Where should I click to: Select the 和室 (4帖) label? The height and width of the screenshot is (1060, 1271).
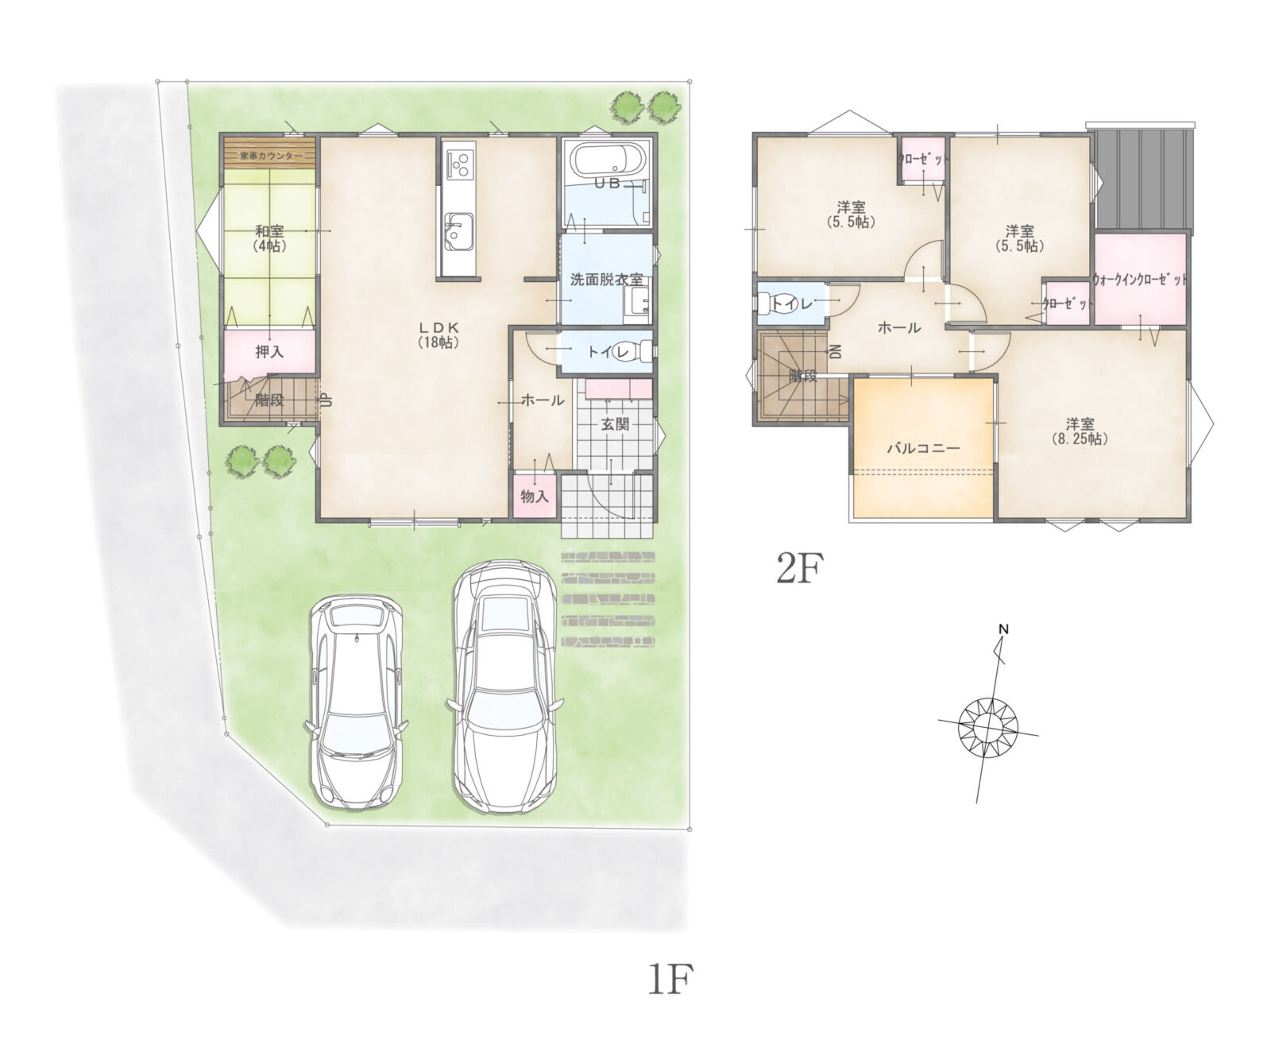(x=269, y=238)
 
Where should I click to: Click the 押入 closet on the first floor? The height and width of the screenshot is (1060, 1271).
(x=269, y=352)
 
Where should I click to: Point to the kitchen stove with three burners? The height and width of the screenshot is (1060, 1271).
(x=458, y=164)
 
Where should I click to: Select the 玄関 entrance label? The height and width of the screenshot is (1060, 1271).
(x=614, y=424)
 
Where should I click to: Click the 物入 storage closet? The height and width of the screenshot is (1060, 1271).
(x=535, y=496)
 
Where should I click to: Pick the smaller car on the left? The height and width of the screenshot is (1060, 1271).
(x=356, y=701)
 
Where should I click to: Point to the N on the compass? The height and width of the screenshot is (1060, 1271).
(x=1003, y=629)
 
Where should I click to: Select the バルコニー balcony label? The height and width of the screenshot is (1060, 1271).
(x=923, y=448)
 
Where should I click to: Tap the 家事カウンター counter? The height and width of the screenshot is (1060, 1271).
(x=270, y=153)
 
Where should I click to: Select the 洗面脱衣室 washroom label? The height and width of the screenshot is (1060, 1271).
(x=607, y=280)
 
